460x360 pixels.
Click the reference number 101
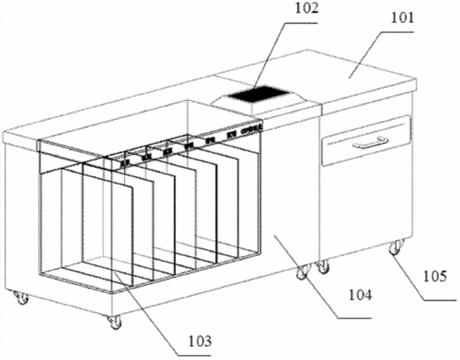point(402,18)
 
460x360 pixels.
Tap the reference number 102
point(306,9)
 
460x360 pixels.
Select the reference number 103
point(200,342)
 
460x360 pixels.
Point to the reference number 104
point(360,294)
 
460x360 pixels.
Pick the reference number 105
point(434,276)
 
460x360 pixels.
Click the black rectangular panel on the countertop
point(258,93)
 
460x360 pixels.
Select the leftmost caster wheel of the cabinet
point(22,298)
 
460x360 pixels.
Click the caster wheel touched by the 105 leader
point(396,246)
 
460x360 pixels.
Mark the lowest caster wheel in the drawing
point(114,322)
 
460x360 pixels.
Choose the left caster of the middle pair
point(302,271)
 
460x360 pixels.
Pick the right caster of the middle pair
point(322,266)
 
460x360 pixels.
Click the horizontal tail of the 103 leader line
point(194,355)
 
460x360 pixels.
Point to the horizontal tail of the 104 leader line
point(354,318)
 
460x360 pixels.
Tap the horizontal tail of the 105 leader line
point(440,299)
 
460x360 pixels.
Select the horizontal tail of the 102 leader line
point(302,23)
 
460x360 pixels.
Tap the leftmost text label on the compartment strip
point(126,162)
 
